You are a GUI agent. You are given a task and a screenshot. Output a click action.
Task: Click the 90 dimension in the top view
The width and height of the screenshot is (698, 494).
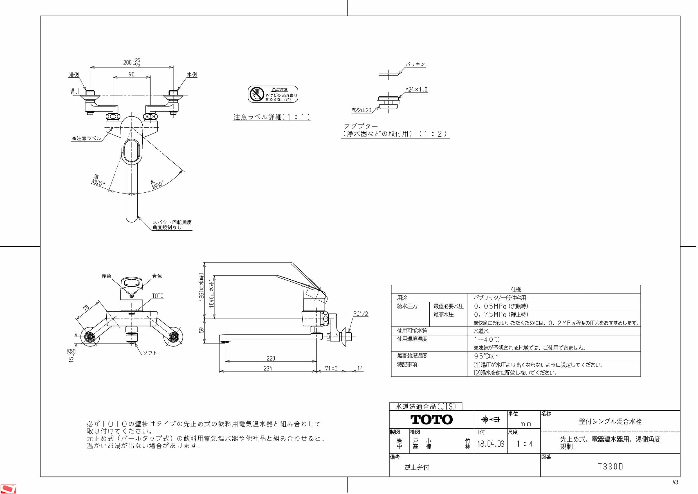[131, 74]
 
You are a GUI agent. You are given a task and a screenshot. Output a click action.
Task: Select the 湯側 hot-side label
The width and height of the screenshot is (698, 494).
[74, 75]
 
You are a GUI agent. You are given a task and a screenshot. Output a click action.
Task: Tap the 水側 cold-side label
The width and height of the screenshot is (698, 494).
[192, 75]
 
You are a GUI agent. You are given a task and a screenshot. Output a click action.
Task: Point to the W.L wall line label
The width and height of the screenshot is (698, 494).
[76, 91]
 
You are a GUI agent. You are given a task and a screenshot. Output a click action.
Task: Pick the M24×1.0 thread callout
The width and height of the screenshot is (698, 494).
[416, 90]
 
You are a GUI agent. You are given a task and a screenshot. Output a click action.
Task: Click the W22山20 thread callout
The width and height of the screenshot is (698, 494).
[362, 110]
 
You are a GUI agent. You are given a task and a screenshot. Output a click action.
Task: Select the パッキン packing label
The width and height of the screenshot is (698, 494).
[415, 64]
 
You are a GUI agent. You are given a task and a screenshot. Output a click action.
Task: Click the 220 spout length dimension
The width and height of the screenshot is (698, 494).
[271, 359]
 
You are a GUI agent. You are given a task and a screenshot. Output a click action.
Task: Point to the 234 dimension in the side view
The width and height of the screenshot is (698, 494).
[268, 369]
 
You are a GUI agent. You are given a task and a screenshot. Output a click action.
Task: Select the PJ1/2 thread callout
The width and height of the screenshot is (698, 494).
[361, 314]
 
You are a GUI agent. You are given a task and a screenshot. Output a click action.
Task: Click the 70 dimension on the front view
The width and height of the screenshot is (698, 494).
[86, 308]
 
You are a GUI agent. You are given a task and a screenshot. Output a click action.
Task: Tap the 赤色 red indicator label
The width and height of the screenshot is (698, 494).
[106, 276]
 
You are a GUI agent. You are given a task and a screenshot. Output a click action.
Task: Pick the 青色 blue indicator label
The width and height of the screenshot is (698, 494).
[157, 276]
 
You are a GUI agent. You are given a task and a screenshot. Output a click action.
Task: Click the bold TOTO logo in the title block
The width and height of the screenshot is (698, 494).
[432, 420]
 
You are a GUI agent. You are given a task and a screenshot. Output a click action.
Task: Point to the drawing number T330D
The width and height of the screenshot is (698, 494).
[611, 467]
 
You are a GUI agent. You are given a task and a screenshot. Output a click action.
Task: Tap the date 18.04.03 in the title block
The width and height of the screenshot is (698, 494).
[491, 444]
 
